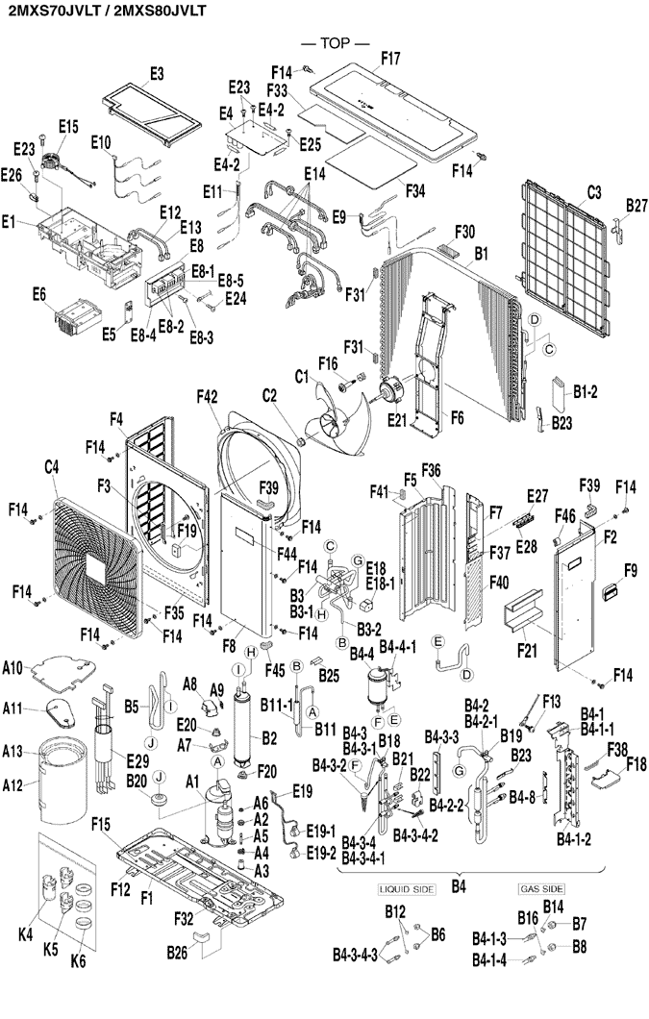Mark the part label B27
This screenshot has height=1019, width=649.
coord(637,205)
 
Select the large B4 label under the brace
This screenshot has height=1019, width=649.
coord(460,884)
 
